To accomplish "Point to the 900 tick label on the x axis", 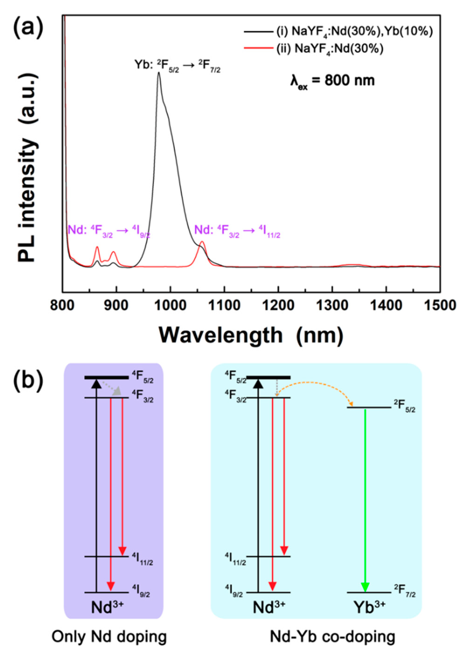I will [116, 306].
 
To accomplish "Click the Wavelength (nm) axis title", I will [251, 336].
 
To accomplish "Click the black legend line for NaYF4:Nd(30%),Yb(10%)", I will [258, 32].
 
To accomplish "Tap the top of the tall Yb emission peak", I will [159, 73].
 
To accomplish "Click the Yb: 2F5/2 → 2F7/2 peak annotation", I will [177, 66].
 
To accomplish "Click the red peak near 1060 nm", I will [202, 242].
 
